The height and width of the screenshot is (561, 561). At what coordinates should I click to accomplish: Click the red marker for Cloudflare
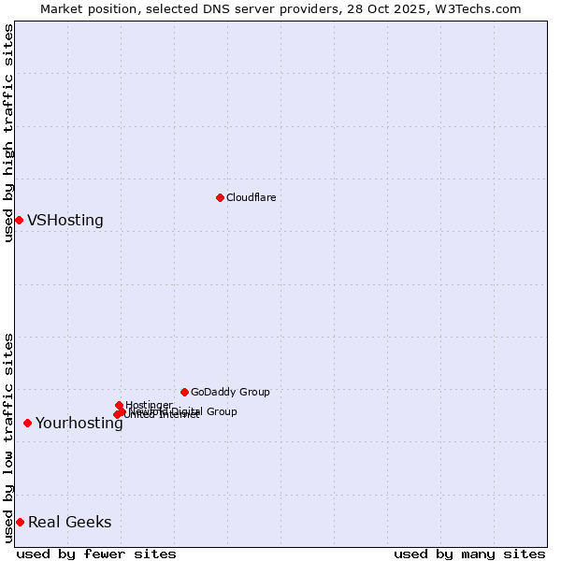220,197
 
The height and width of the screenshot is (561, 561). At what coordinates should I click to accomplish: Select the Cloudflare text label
251,197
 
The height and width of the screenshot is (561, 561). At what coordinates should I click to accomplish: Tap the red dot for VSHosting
19,220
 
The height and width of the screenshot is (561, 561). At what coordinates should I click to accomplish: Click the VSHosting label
65,221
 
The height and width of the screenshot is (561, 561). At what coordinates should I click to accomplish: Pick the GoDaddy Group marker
184,392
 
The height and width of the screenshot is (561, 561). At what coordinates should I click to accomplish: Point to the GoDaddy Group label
230,392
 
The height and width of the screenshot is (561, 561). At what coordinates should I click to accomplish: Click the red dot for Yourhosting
27,423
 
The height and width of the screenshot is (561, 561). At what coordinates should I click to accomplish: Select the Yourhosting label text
79,424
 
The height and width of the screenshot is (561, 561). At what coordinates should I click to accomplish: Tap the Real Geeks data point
20,522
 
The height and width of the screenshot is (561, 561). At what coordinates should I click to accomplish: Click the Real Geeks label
69,523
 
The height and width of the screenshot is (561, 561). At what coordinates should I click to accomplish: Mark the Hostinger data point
119,405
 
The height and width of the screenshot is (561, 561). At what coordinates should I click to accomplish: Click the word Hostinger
149,405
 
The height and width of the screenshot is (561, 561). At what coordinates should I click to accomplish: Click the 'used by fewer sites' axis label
96,554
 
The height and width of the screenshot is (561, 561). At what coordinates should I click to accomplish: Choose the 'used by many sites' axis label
469,554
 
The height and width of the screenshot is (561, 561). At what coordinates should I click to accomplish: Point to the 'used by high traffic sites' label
8,133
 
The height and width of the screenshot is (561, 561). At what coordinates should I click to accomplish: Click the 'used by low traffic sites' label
8,438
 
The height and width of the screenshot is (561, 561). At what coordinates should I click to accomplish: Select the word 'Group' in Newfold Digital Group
221,411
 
